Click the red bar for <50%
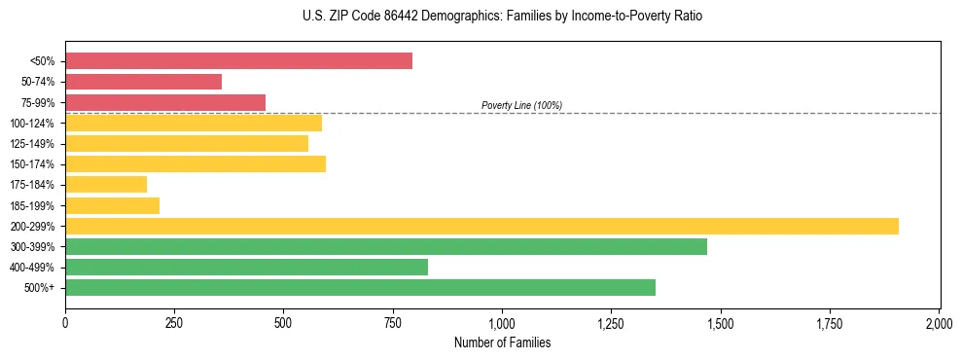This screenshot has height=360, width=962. [238, 61]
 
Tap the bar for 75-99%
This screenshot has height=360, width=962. [165, 102]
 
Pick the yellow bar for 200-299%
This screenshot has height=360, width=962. [481, 226]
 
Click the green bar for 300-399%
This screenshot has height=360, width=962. [386, 246]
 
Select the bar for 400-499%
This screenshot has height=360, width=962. [246, 267]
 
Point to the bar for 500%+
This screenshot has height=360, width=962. [360, 287]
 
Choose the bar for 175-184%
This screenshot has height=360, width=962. [106, 184]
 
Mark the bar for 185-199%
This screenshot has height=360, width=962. [112, 205]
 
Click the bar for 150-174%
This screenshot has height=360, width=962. [196, 163]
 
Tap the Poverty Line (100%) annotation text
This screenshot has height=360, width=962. [521, 105]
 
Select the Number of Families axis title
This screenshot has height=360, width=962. [502, 342]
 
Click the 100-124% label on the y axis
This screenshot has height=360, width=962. [35, 124]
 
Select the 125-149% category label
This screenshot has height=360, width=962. [35, 144]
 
